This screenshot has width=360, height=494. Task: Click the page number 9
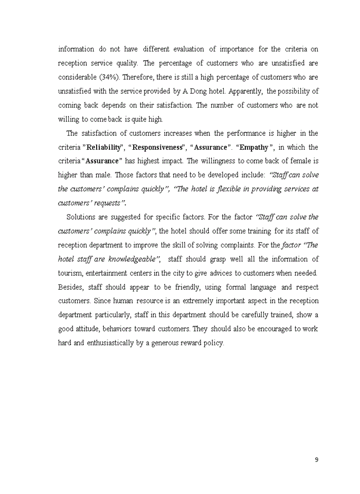pyautogui.click(x=316, y=460)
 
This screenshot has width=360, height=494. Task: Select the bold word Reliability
pyautogui.click(x=104, y=147)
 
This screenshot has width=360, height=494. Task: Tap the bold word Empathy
pyautogui.click(x=254, y=147)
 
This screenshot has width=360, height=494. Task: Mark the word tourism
pyautogui.click(x=71, y=273)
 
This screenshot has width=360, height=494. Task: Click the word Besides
pyautogui.click(x=70, y=287)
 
